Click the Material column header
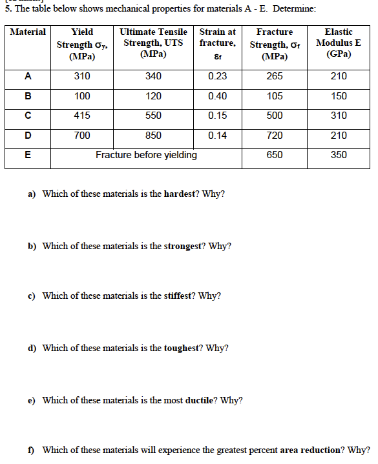[28, 32]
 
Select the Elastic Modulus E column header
[339, 43]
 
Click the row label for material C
[28, 116]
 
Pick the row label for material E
[28, 155]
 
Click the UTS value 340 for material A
[153, 76]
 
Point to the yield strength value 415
[82, 116]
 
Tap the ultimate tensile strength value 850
[153, 136]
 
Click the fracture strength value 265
[275, 76]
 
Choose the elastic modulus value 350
[339, 155]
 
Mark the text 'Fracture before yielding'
[147, 155]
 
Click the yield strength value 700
[82, 136]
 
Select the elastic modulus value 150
[339, 96]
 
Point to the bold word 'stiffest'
[178, 296]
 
